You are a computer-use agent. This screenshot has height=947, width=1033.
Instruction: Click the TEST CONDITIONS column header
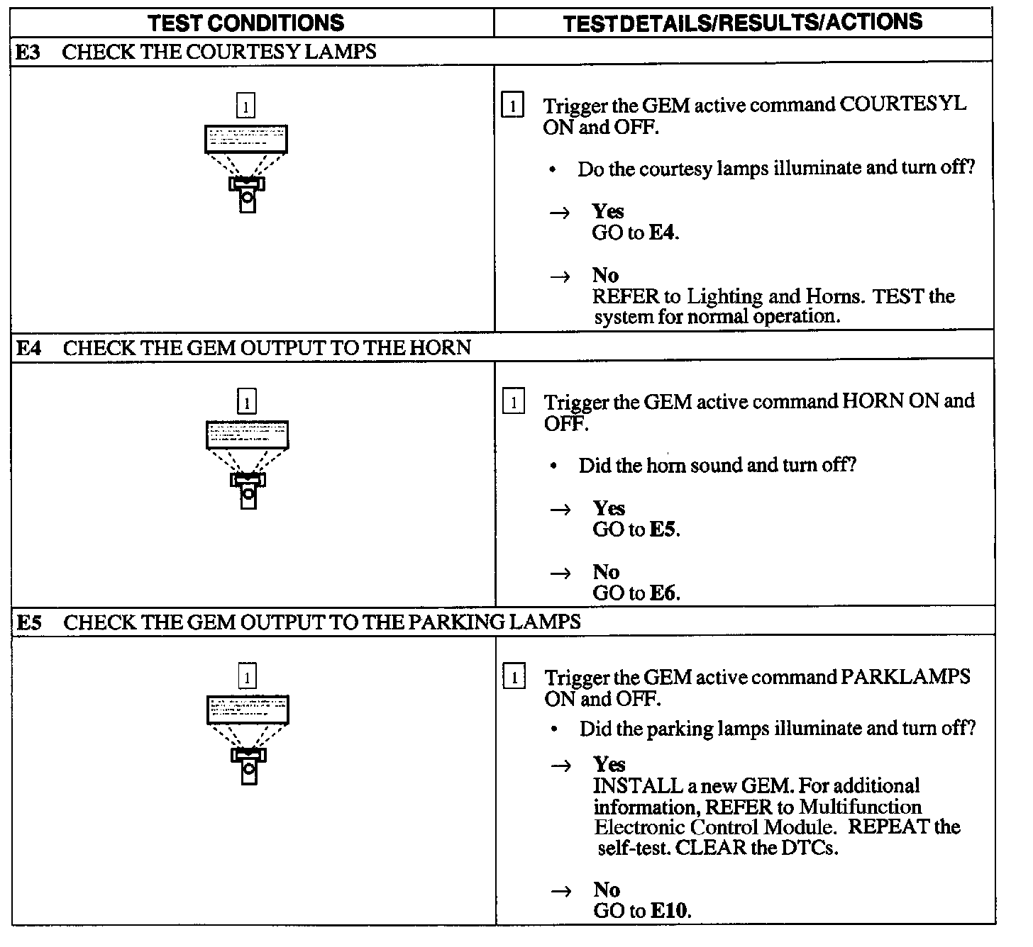246,23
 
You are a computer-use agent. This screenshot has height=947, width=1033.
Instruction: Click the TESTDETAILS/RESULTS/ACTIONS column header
742,23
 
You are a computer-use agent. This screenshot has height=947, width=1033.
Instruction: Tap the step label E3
28,52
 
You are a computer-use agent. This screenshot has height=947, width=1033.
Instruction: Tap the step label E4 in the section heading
29,348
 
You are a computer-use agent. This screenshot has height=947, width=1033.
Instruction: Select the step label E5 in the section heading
29,622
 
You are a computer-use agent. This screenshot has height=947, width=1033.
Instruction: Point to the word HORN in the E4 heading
440,348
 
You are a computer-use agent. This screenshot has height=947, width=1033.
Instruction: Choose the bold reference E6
664,593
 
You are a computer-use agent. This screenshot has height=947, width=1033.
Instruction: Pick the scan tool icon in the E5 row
248,738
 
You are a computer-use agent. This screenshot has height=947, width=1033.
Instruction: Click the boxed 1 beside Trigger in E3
512,106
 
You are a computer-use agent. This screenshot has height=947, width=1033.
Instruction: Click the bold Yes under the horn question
609,508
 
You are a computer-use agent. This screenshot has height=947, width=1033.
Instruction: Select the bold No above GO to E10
607,890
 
